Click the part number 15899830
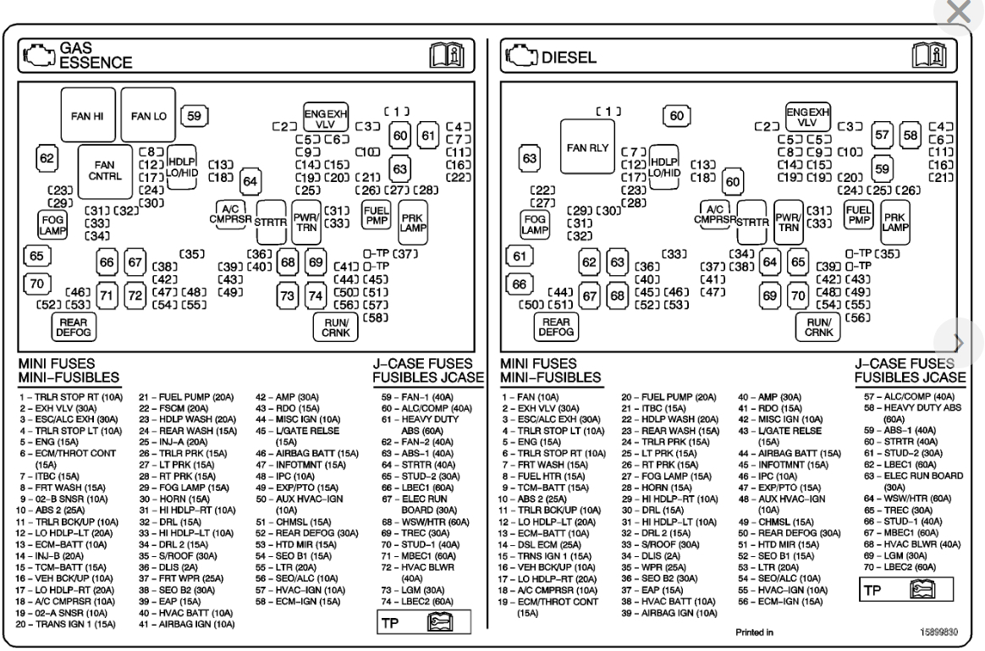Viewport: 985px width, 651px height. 939,631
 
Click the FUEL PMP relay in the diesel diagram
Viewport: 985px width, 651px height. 858,215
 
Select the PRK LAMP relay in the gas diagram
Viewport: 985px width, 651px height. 412,222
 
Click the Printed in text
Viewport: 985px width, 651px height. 753,631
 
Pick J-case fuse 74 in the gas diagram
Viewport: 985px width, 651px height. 316,295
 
